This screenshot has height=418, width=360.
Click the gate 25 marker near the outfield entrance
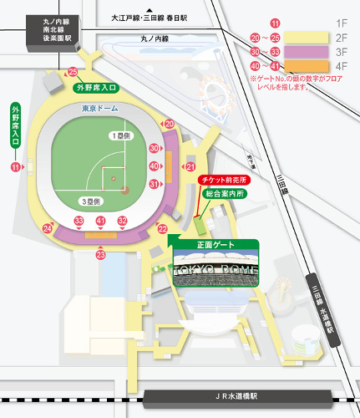tap(73, 72)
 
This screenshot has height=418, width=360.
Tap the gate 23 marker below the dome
tap(101, 254)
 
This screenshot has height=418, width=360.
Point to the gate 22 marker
tap(163, 228)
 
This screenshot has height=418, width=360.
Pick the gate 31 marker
tap(154, 184)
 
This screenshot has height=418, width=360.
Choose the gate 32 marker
tap(122, 221)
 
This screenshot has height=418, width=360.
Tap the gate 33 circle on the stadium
tap(79, 221)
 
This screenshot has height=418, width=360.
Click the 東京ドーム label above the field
tap(99, 109)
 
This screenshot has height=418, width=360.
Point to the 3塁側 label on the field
tap(91, 202)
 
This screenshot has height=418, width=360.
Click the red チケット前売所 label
tap(221, 180)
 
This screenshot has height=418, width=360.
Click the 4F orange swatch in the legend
tap(307, 65)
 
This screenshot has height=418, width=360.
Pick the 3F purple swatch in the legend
tap(307, 52)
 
